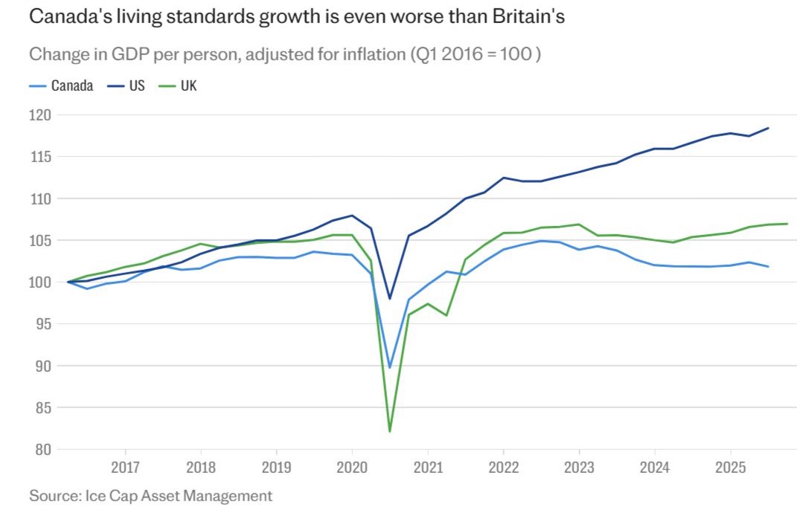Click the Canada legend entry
[x=62, y=86]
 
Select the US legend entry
[x=126, y=86]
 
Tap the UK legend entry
[x=178, y=86]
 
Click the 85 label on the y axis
[x=42, y=408]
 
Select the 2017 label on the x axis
[x=125, y=467]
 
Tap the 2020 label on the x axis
[x=352, y=467]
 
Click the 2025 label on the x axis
[x=731, y=467]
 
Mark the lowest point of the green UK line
[x=390, y=432]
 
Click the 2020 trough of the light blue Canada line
[x=390, y=367]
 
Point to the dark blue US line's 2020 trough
[x=390, y=299]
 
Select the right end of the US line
[x=768, y=128]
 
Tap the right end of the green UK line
[x=787, y=224]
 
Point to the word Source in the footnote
[x=55, y=495]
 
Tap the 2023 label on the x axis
[x=579, y=467]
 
